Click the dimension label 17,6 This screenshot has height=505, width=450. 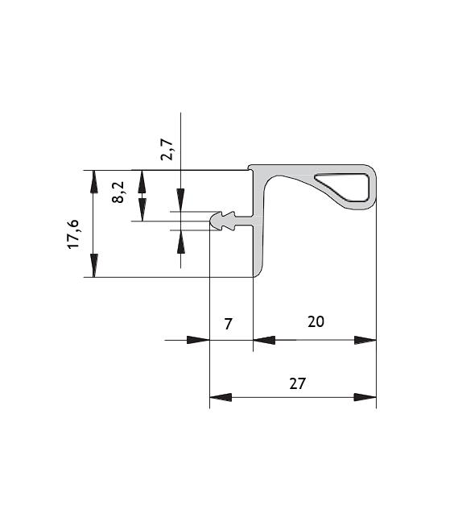click(73, 234)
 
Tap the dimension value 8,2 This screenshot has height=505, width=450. click(118, 192)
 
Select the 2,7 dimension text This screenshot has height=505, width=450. click(167, 150)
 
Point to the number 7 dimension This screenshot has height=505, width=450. click(228, 324)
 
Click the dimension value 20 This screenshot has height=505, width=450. click(316, 321)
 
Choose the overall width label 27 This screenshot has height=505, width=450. click(297, 383)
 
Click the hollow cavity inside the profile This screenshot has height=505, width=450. click(342, 187)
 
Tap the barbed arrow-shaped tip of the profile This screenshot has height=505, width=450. click(222, 221)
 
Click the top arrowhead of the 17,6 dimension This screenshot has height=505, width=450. click(93, 181)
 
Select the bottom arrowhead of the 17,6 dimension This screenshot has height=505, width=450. click(93, 265)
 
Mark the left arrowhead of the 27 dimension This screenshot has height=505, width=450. click(221, 397)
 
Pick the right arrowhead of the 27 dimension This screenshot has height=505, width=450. click(365, 397)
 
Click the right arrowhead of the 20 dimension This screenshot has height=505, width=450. click(365, 340)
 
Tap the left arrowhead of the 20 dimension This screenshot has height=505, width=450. click(264, 340)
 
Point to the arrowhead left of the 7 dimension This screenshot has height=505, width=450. click(198, 340)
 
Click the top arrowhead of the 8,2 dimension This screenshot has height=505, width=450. click(142, 181)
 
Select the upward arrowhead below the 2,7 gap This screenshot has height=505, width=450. click(180, 242)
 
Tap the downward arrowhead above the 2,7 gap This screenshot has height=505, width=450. click(180, 200)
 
